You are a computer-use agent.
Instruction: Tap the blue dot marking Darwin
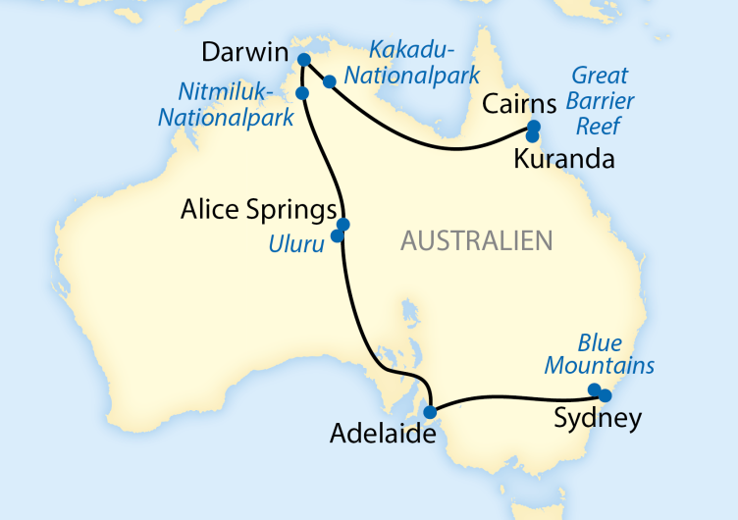pos(304,60)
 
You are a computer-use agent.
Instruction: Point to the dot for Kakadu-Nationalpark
pos(330,81)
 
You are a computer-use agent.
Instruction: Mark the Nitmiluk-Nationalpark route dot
pos(302,93)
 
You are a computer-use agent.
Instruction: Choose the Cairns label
pos(517,104)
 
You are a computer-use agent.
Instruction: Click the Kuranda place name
pos(564,159)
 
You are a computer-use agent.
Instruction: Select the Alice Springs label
pos(259,209)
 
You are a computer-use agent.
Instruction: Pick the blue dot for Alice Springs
pos(343,224)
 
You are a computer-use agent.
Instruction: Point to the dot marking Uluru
pos(338,236)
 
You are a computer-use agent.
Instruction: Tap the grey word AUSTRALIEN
pos(476,240)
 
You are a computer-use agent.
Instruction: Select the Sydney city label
pos(598,419)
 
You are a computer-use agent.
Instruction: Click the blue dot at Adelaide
pos(430,411)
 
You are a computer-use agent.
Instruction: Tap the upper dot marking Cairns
pos(534,127)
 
